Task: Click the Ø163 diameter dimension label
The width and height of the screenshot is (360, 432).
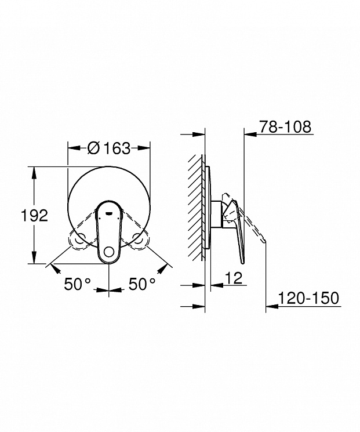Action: (x=109, y=148)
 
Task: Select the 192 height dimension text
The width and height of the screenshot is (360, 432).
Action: (x=35, y=216)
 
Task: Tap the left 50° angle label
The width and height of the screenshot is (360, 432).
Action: (x=77, y=284)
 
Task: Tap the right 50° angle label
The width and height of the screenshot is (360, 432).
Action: (x=142, y=284)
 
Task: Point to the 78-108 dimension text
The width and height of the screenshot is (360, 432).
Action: (x=285, y=127)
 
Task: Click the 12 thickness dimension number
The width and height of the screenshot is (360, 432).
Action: (x=234, y=278)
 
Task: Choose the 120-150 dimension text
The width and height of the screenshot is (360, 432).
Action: (x=308, y=298)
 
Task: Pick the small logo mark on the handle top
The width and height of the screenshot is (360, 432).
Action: (x=109, y=213)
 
